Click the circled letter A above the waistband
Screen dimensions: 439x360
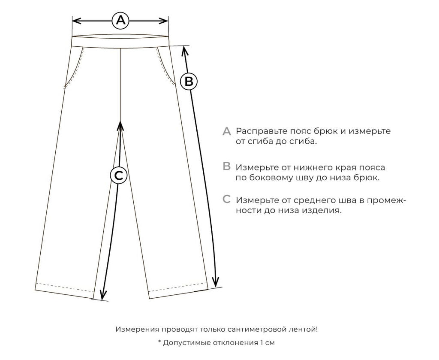(120, 21)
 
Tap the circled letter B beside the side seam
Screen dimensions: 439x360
(189, 82)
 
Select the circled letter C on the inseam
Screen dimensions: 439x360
(119, 175)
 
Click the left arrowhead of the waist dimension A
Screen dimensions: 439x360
(77, 21)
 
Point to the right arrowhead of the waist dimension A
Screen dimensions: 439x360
(163, 21)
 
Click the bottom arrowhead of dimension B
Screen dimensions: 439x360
(215, 281)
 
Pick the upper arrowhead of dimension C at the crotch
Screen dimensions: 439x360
(120, 126)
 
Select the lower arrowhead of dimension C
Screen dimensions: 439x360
(103, 294)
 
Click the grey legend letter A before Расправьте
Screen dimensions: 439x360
(226, 131)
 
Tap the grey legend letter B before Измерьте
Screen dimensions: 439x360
(226, 166)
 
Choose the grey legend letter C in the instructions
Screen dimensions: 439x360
(226, 199)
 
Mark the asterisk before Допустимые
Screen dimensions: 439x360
(160, 341)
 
